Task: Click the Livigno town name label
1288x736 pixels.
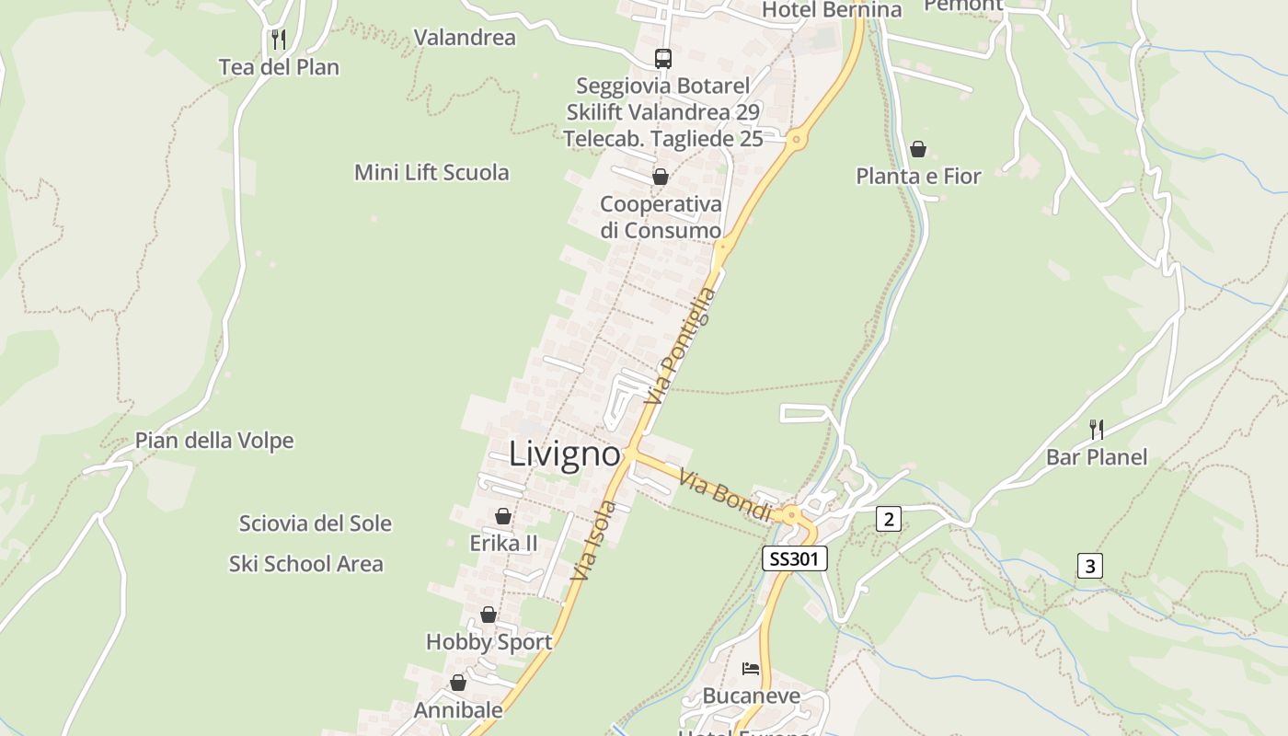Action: point(564,454)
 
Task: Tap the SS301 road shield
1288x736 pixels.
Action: point(795,558)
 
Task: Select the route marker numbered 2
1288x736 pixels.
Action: point(888,519)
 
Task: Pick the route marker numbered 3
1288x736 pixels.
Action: point(1089,566)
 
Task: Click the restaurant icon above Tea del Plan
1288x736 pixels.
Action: point(279,40)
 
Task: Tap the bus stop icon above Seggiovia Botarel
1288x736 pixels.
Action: point(662,59)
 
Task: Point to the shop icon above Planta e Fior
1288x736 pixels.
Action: point(917,149)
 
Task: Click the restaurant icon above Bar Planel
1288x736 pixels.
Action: point(1096,429)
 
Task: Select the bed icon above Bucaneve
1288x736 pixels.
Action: point(751,668)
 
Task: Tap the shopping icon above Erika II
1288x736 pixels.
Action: point(503,516)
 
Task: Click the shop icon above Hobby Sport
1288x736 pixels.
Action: point(489,615)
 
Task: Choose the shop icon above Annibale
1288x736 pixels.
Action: point(458,683)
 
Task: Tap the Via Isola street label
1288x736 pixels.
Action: point(592,541)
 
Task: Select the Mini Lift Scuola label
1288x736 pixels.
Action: point(431,172)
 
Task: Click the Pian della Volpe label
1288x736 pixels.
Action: point(214,441)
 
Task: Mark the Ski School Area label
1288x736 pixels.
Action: point(305,564)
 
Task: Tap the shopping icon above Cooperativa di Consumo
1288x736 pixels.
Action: point(660,177)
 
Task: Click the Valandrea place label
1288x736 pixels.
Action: point(465,38)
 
